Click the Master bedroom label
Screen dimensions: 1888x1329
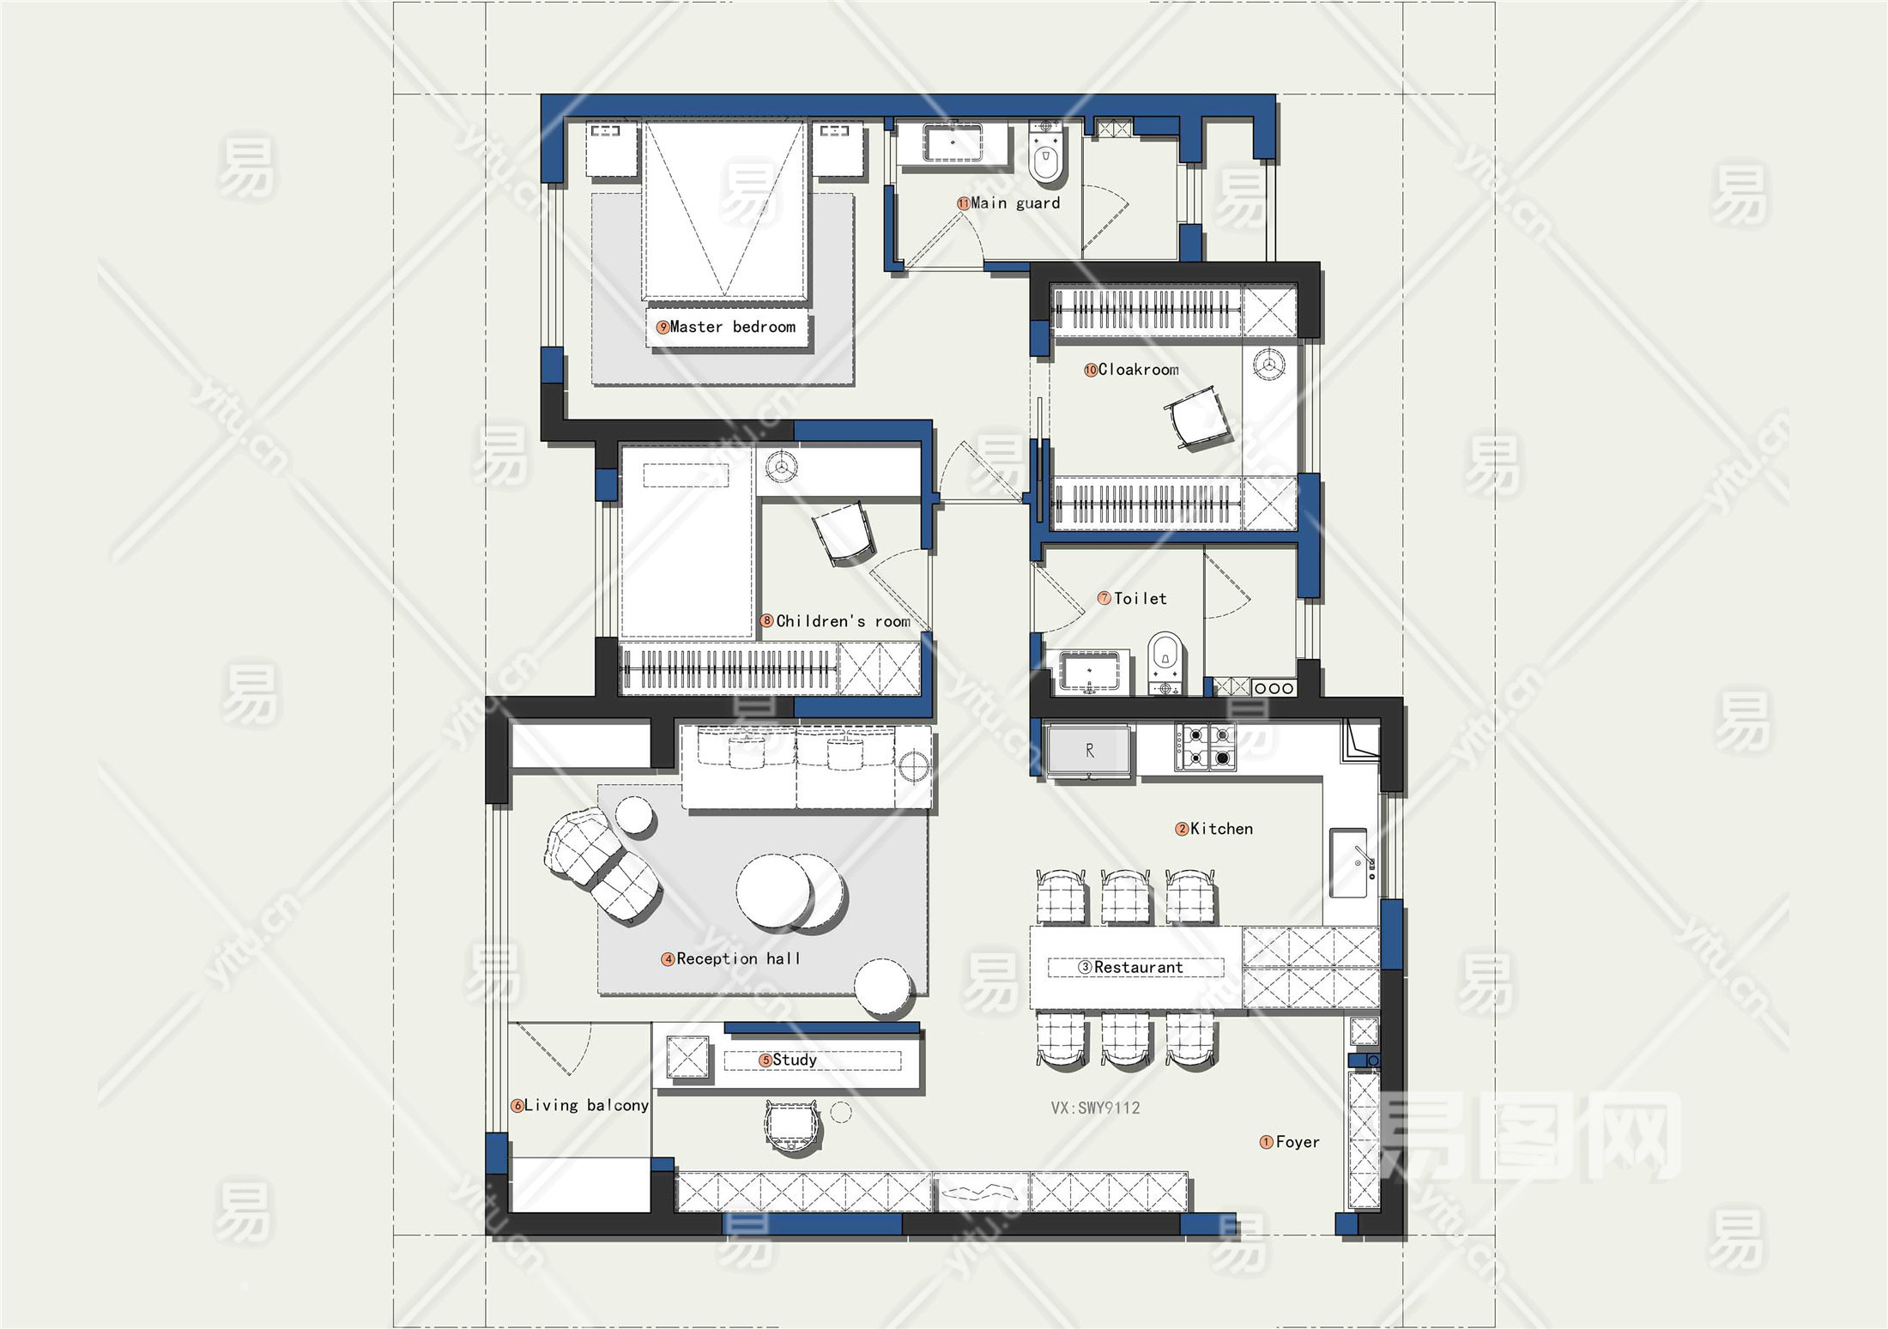pos(732,327)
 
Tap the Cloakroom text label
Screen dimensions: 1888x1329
pos(1138,370)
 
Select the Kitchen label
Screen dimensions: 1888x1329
pos(1221,829)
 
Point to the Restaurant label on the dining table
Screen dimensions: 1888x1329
pos(1138,968)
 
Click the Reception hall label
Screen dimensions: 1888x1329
pos(738,958)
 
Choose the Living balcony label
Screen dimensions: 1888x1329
pos(586,1106)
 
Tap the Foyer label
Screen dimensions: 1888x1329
pos(1298,1142)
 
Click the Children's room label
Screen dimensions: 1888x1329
pos(843,621)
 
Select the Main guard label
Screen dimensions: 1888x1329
pos(1015,203)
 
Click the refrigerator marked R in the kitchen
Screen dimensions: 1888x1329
pos(1089,752)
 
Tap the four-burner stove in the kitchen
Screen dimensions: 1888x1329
pos(1205,746)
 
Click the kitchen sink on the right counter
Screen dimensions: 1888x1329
pos(1349,862)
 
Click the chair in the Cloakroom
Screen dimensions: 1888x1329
pos(1196,417)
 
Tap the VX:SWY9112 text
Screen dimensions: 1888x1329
pos(1095,1108)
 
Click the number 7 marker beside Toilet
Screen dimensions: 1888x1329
pos(1104,598)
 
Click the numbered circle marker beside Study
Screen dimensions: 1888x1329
pos(765,1060)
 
